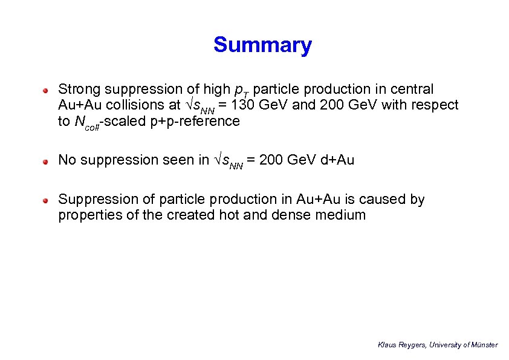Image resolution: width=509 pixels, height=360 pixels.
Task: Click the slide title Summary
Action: click(262, 45)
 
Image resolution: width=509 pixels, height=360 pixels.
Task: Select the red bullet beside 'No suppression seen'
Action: click(45, 162)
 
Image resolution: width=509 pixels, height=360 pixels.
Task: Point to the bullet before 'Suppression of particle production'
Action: click(45, 201)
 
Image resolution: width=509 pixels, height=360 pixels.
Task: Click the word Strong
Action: click(79, 90)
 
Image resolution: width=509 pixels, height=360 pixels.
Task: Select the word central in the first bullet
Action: click(412, 90)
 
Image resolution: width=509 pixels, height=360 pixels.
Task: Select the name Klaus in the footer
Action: click(387, 345)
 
